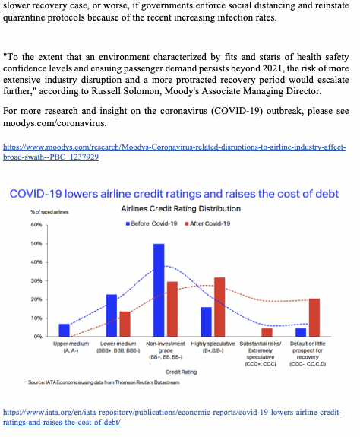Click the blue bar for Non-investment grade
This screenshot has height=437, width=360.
(159, 290)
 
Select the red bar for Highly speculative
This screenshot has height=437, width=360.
(219, 306)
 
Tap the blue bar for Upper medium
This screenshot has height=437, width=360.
(64, 330)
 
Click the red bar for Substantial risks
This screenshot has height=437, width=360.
(267, 332)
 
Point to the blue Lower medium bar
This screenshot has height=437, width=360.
(112, 315)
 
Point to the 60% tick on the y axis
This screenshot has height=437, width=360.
(36, 225)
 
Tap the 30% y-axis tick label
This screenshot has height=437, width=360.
(36, 280)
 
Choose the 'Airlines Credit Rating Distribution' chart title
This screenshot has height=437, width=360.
(181, 208)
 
